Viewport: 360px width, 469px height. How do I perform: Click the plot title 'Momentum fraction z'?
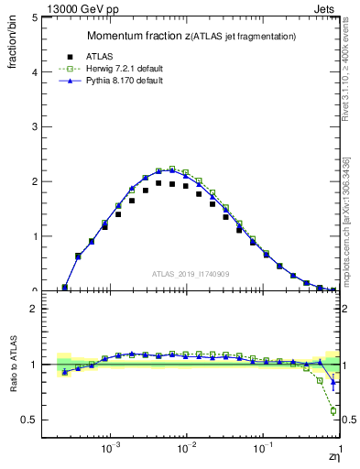[137, 36]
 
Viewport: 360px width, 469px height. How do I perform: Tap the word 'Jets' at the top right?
[325, 6]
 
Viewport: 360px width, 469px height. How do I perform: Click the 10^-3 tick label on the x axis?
[111, 450]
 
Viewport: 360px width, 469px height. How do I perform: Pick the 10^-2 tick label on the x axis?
[187, 450]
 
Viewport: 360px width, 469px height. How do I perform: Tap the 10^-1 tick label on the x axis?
[263, 450]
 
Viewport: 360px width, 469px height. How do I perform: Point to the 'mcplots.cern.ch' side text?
[347, 256]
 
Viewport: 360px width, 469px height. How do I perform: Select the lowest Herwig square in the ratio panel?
[333, 410]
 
